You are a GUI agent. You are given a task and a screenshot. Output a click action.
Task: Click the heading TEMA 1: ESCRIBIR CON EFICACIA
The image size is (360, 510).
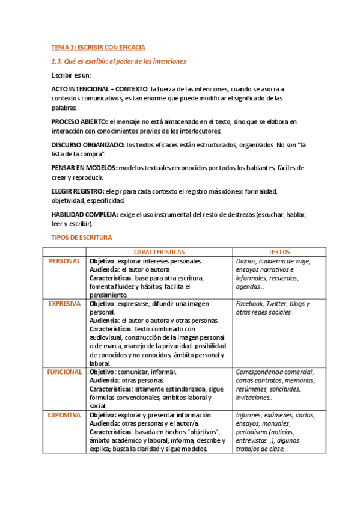coord(98,47)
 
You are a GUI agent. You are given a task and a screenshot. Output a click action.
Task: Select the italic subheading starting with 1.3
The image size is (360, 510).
coord(118,61)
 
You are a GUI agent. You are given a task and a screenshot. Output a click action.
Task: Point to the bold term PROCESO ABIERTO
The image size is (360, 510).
coord(79,122)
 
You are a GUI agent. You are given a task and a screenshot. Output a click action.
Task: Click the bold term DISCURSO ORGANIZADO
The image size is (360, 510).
coord(88,145)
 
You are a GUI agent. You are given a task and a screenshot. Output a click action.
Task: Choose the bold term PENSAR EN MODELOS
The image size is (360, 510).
coord(84,168)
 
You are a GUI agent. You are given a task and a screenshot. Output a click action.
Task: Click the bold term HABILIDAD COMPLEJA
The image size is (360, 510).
coord(85,214)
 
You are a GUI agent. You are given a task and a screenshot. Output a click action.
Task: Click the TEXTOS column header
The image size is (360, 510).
coord(279,252)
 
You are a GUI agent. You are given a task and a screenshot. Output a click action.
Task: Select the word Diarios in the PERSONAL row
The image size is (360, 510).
coord(248,261)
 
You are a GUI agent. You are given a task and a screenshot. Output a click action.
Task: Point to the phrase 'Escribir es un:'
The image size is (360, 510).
coord(70,75)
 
